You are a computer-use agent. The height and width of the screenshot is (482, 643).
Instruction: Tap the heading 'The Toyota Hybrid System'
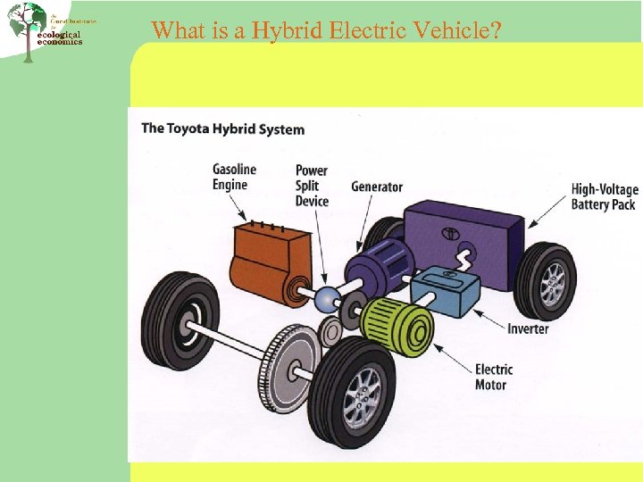pyautogui.click(x=222, y=129)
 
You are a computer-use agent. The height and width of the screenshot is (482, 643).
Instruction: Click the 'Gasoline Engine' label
pyautogui.click(x=234, y=177)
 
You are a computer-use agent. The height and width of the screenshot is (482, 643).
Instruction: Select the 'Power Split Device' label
pyautogui.click(x=312, y=186)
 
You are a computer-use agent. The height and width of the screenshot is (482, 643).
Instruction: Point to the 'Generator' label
pyautogui.click(x=376, y=187)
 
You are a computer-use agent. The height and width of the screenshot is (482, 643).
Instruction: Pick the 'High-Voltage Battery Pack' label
pyautogui.click(x=605, y=196)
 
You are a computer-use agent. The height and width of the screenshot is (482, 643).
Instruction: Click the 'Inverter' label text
pyautogui.click(x=528, y=328)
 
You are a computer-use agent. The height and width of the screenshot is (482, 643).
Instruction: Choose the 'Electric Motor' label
pyautogui.click(x=493, y=377)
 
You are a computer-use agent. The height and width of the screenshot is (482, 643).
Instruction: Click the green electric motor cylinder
pyautogui.click(x=398, y=321)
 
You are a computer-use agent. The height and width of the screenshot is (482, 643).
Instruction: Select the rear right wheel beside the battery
pyautogui.click(x=546, y=277)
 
